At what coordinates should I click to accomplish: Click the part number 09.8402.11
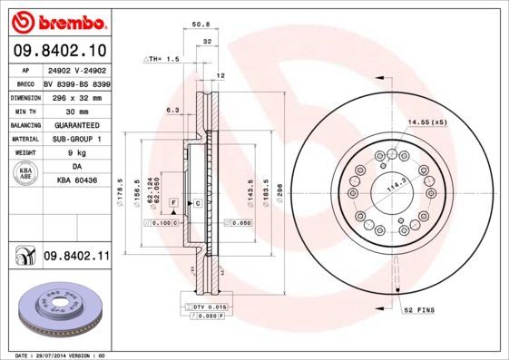click(x=76, y=258)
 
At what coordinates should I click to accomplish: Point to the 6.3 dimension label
click(x=172, y=111)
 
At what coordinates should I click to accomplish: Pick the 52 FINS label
click(x=419, y=310)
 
